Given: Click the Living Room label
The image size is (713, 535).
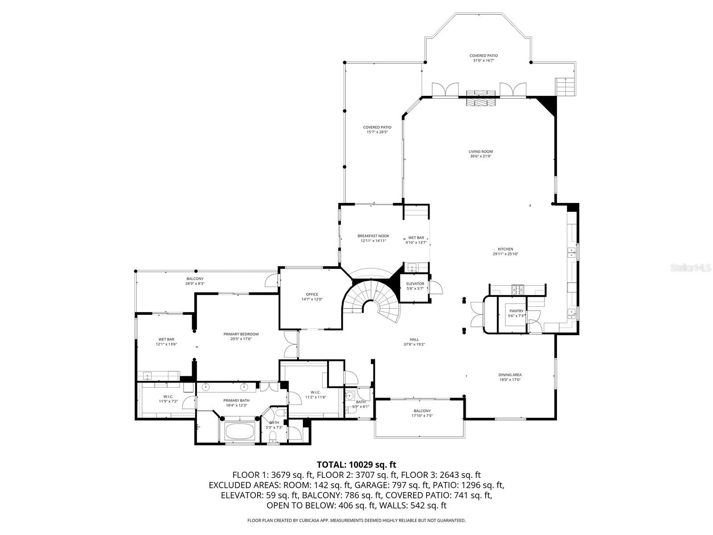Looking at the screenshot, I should coord(480,152).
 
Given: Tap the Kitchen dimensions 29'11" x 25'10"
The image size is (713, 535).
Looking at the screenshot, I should coord(505,254).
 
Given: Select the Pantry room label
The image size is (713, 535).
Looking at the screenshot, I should coord(517,311).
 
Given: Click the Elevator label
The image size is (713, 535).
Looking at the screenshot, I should coord(415,284).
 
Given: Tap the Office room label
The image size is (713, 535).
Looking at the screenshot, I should coord(312,294).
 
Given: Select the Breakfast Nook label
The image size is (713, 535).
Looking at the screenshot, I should coord(373,236).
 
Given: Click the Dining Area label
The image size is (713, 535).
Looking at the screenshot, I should coord(510,375).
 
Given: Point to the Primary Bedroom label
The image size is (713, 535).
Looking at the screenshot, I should coord(241,334).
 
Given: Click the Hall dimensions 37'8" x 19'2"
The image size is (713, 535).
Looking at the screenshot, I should coord(414,344).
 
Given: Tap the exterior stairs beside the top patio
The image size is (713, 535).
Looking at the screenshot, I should coord(563,86).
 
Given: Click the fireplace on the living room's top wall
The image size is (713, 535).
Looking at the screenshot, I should coord(480,98).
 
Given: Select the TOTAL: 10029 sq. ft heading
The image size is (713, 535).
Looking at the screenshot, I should coord(356,465).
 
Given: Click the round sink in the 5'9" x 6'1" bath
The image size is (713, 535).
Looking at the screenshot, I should coord(351,395).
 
